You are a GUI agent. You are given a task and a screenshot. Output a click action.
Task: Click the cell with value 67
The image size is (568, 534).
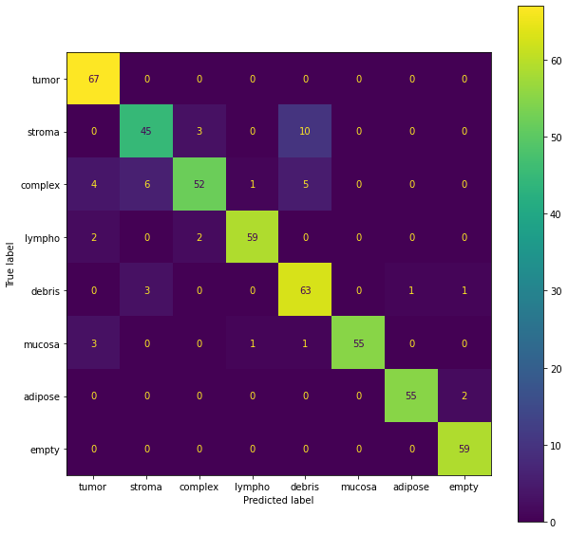(x=93, y=79)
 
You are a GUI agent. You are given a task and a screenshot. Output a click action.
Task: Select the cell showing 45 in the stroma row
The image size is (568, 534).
(x=146, y=131)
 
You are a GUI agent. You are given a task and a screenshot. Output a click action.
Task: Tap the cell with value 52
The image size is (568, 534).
(x=199, y=184)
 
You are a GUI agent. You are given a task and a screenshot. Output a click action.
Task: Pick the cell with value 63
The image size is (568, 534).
(x=306, y=289)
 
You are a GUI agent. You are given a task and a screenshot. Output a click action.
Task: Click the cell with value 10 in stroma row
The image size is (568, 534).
(x=306, y=131)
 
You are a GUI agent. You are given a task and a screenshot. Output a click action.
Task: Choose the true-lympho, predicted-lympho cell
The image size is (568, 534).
(x=253, y=237)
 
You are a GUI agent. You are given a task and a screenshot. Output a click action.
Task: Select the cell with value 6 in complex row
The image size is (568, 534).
(x=146, y=184)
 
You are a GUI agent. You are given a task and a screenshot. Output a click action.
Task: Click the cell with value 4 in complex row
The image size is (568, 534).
(x=93, y=184)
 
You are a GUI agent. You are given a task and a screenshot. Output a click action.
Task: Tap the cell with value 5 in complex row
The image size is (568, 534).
(x=306, y=184)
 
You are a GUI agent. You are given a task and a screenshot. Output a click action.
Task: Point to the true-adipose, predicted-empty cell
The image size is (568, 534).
(x=464, y=396)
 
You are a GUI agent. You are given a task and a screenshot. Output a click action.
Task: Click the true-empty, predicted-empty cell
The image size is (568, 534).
(x=464, y=448)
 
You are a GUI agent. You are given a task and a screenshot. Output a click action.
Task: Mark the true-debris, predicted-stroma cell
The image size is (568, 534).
(x=146, y=289)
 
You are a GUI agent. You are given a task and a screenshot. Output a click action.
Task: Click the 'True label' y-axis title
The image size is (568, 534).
(x=10, y=264)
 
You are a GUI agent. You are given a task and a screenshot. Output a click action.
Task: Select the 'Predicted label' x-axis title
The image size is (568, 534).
(x=278, y=500)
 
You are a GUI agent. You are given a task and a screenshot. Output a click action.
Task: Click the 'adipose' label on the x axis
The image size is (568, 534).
(x=411, y=487)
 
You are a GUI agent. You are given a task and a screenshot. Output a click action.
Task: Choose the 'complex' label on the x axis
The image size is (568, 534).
(x=199, y=487)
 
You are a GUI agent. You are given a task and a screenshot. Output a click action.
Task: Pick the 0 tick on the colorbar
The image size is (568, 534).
(x=553, y=522)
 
